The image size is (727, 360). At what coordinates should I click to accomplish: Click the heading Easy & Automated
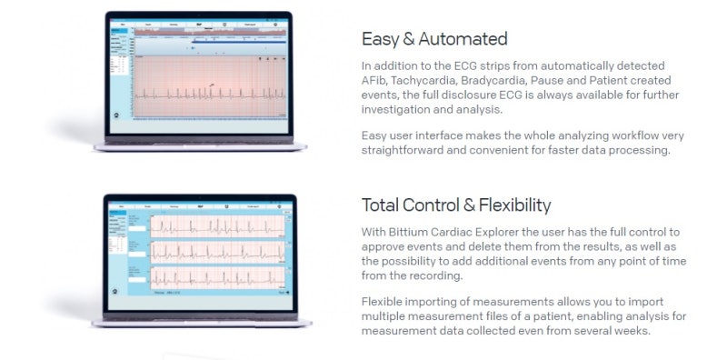click(x=433, y=39)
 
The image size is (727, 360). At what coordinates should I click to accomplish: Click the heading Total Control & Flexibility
click(x=455, y=205)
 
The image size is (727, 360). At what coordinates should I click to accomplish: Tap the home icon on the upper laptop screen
click(x=115, y=119)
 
